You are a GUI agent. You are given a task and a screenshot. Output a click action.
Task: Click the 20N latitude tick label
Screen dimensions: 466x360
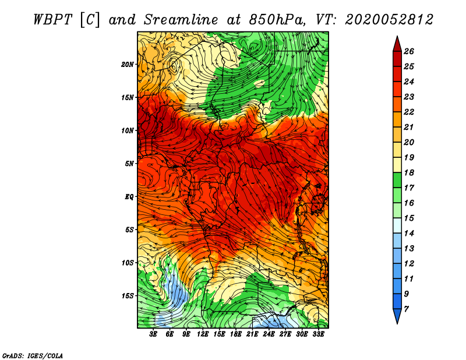click(127, 64)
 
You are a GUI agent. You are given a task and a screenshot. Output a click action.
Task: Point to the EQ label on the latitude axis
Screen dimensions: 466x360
click(129, 196)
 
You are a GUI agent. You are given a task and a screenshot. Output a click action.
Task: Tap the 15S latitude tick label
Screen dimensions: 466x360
click(127, 296)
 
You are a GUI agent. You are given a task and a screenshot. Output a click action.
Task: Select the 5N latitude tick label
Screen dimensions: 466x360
click(129, 164)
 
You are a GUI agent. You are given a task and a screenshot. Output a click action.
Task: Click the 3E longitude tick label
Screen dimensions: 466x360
click(153, 334)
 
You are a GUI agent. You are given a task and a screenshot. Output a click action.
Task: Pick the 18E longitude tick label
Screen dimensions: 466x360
click(236, 334)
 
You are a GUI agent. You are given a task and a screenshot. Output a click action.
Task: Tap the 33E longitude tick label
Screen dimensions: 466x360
click(318, 334)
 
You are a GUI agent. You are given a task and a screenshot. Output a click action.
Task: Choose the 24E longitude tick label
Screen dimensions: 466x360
click(269, 334)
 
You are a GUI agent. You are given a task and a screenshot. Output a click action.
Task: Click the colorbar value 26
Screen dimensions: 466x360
click(409, 51)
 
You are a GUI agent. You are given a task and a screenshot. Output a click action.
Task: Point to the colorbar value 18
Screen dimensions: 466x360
click(409, 172)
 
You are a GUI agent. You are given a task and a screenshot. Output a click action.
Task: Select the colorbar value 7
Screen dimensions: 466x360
click(406, 309)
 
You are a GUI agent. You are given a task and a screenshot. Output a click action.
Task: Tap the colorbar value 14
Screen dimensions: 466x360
click(409, 234)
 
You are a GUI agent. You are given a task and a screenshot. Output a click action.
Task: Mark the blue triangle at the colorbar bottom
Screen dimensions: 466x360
click(397, 316)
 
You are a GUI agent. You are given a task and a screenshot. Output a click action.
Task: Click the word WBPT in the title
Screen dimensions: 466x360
click(52, 20)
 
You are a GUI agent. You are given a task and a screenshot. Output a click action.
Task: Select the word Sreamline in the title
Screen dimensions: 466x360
click(181, 20)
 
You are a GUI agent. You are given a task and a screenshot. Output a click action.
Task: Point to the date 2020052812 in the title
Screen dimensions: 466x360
click(389, 20)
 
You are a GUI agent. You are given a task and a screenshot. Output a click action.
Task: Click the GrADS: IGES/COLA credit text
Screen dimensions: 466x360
click(33, 356)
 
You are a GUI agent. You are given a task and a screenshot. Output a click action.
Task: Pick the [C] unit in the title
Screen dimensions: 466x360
click(90, 20)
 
